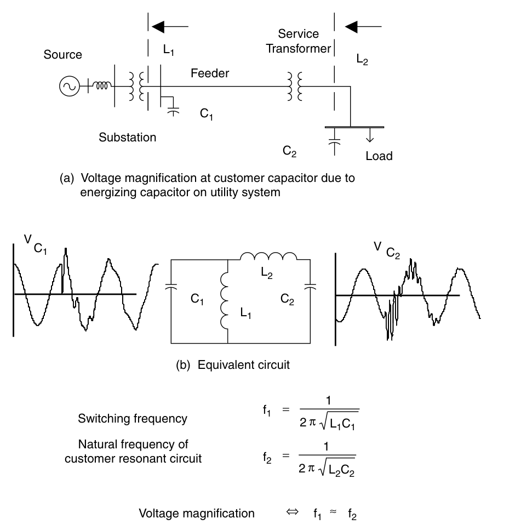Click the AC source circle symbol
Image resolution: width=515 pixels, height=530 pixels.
(70, 86)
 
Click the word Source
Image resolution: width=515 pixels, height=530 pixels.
(63, 55)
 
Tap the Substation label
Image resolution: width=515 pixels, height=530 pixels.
(127, 137)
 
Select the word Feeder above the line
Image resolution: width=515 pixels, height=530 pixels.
(210, 73)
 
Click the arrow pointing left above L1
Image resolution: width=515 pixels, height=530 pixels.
(170, 26)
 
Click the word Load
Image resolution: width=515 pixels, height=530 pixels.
(379, 156)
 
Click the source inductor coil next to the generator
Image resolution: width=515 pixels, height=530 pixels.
(102, 86)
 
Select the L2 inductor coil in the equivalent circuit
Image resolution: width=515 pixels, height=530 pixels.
(269, 257)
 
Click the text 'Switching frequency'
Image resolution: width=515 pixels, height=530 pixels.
(133, 419)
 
